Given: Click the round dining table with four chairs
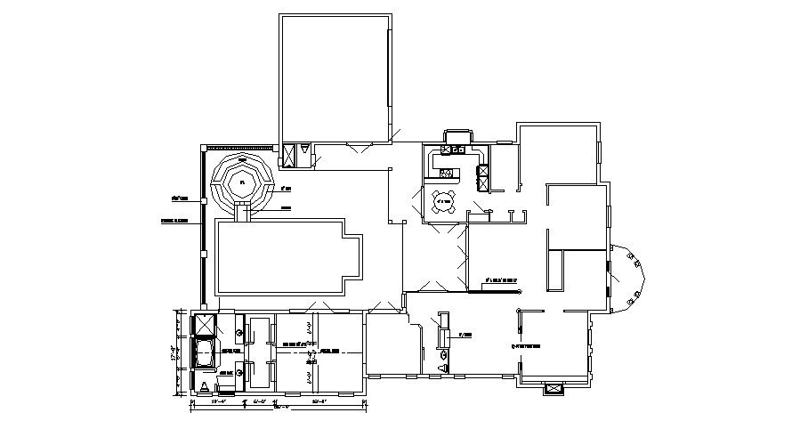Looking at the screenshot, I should click(444, 202).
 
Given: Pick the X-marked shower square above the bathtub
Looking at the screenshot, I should click(204, 324).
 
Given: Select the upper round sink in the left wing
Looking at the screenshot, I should click(240, 332).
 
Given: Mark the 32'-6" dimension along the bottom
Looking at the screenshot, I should click(318, 404).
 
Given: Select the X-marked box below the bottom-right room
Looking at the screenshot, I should click(554, 389).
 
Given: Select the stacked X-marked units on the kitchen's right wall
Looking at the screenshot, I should click(484, 178).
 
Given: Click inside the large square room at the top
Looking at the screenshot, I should click(335, 78).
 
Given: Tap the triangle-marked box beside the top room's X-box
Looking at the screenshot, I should click(305, 153).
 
